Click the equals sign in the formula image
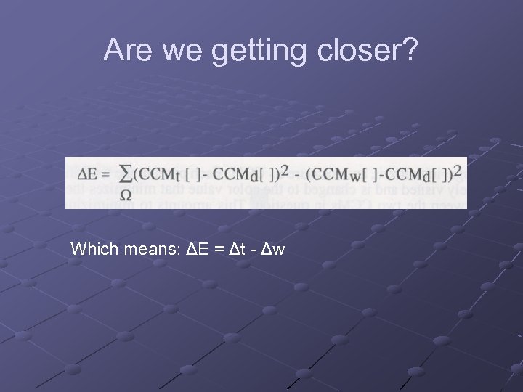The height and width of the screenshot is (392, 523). [x=105, y=175]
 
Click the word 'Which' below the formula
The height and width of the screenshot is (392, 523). [x=90, y=250]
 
